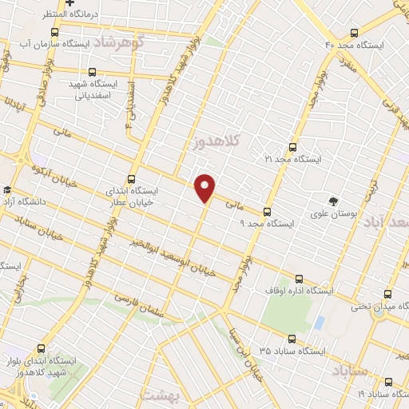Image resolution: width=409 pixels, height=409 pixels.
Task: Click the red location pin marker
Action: pyautogui.click(x=205, y=187)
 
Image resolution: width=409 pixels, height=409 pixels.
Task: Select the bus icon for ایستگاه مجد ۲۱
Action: pyautogui.click(x=292, y=147)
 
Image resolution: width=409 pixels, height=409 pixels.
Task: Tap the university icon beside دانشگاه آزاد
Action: pyautogui.click(x=7, y=190)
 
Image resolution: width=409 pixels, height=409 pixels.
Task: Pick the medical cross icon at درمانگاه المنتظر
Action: pyautogui.click(x=70, y=3)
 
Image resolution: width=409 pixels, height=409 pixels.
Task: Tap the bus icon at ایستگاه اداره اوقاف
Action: pyautogui.click(x=300, y=279)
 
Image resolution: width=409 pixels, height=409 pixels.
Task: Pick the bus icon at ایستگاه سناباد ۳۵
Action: pyautogui.click(x=292, y=339)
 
